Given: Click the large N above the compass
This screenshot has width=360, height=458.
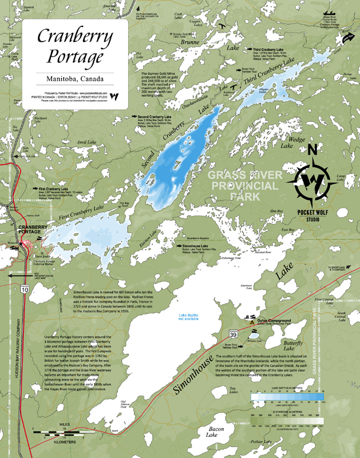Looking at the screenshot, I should click(x=312, y=151).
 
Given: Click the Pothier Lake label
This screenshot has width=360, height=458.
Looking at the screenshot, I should click(x=260, y=442).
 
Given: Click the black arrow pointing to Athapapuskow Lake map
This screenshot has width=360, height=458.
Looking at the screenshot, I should click(x=10, y=275).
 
